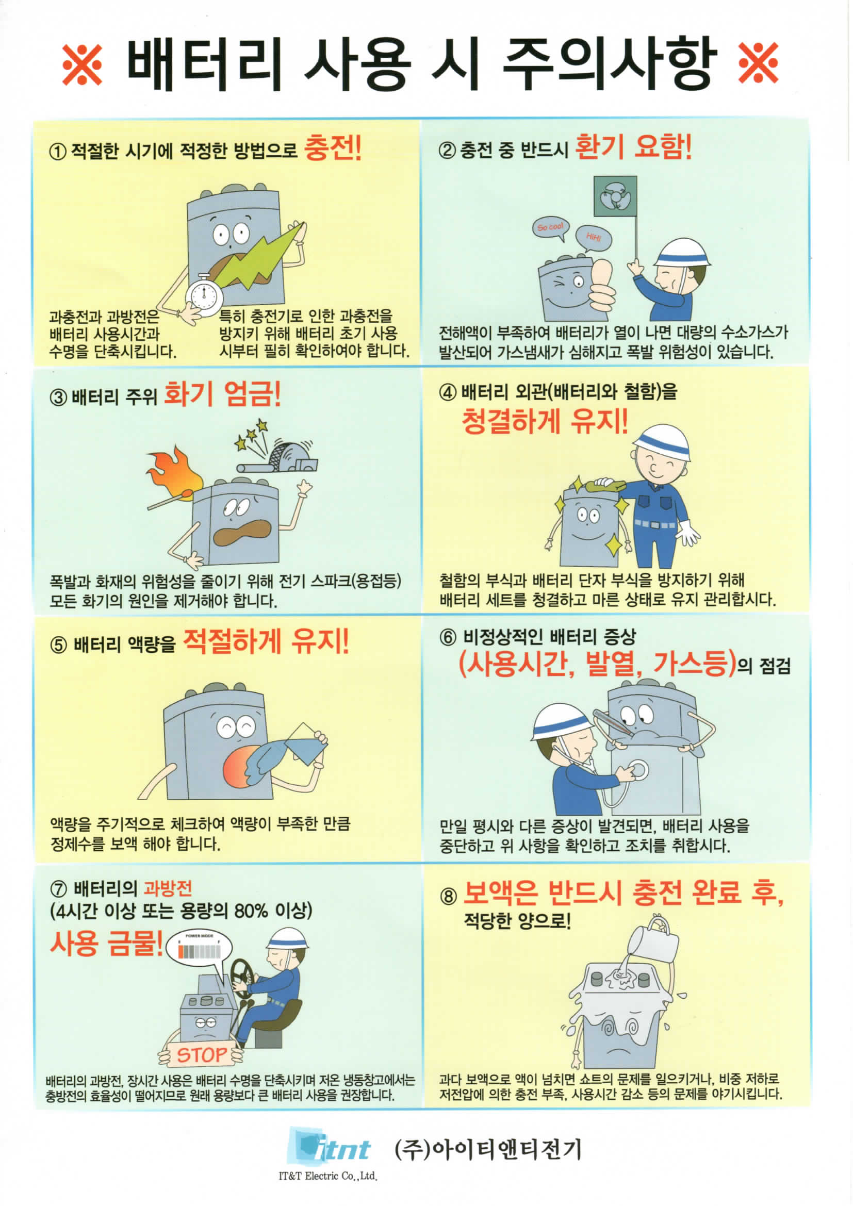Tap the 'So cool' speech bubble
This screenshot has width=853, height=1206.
[550, 229]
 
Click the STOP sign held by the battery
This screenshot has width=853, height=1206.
[202, 1054]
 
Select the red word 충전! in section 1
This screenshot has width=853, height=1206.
[334, 148]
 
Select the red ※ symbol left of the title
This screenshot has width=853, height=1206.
[83, 64]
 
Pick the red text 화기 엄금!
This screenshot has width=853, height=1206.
[223, 394]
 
